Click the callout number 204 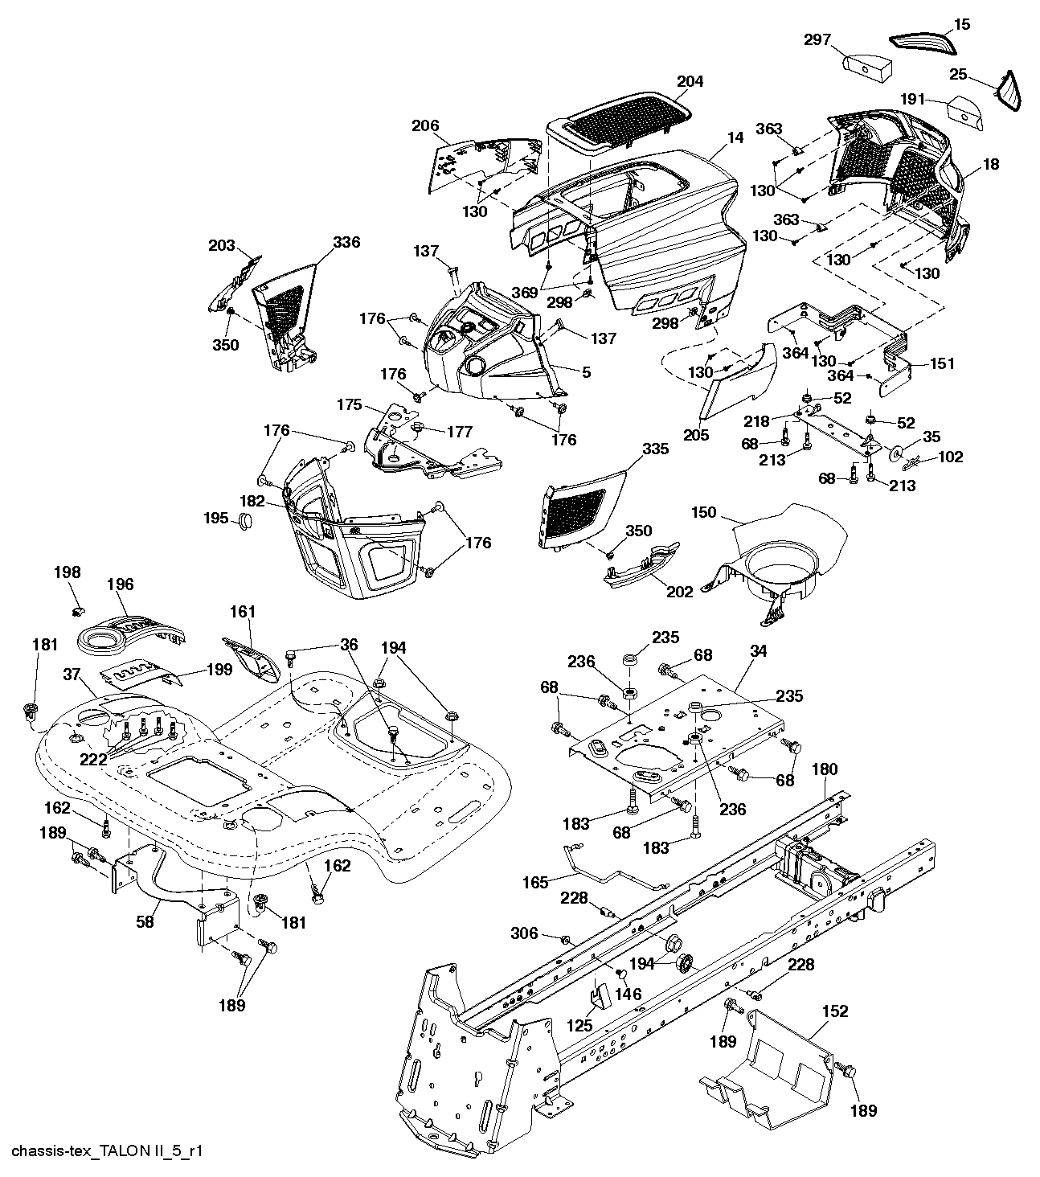[x=690, y=81]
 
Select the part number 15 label [x=962, y=24]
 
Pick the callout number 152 [x=835, y=1011]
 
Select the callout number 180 [x=825, y=769]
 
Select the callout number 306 [x=524, y=933]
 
